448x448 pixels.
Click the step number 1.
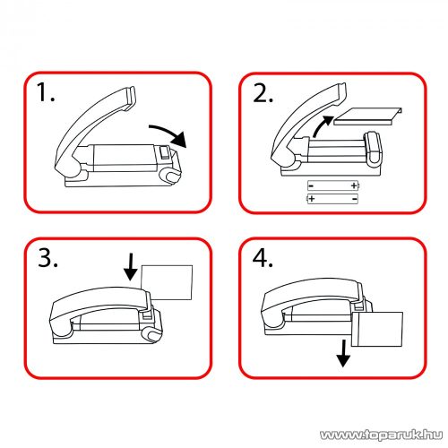click(x=45, y=92)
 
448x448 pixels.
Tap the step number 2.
click(x=263, y=93)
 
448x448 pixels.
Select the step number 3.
click(x=47, y=258)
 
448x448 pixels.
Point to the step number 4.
click(x=263, y=258)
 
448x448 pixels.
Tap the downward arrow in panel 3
click(x=131, y=267)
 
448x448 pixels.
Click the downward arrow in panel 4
click(x=343, y=353)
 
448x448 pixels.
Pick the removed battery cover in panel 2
click(x=368, y=116)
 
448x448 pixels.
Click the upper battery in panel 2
click(x=333, y=185)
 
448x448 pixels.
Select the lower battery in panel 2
click(x=332, y=199)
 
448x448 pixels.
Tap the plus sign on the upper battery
click(x=354, y=185)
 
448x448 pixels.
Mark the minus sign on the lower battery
click(x=355, y=199)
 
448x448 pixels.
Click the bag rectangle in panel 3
click(x=167, y=282)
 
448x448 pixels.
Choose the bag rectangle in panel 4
click(x=377, y=330)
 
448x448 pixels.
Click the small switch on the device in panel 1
click(x=164, y=152)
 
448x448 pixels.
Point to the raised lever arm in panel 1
click(x=90, y=125)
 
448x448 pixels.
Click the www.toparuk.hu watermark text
click(x=381, y=435)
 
